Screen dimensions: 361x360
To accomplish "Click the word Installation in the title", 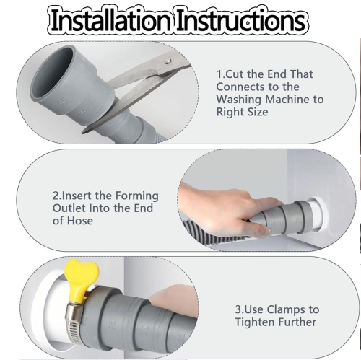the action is [x=111, y=20].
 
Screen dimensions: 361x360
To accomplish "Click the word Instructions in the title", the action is [x=241, y=20].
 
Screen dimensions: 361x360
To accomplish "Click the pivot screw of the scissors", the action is [x=168, y=62].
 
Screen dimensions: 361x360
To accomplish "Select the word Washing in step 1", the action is [x=239, y=100].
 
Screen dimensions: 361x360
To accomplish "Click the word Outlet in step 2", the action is [x=69, y=208].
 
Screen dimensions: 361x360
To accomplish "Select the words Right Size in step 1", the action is [x=242, y=112].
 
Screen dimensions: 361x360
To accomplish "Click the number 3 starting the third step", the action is [x=238, y=309].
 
